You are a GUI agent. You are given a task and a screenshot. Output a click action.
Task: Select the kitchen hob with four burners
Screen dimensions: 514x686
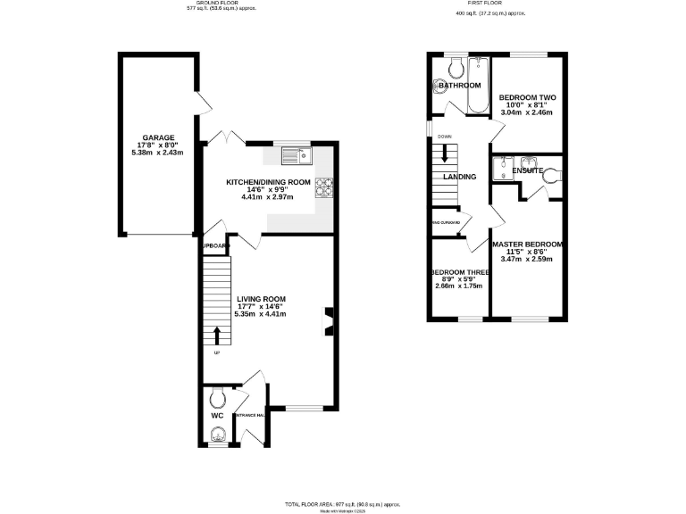[324, 187]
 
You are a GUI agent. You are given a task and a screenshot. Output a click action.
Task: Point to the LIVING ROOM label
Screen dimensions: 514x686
[261, 299]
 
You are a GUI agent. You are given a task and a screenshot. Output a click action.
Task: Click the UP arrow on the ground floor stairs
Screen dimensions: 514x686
[215, 336]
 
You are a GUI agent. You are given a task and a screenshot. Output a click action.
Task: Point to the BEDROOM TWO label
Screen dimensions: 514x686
[527, 97]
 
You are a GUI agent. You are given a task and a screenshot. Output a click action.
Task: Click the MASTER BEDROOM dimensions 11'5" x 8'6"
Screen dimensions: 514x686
[527, 252]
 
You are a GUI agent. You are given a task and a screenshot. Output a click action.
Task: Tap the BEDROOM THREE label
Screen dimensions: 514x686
[459, 272]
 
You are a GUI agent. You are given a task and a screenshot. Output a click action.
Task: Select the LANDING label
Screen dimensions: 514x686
[459, 177]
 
